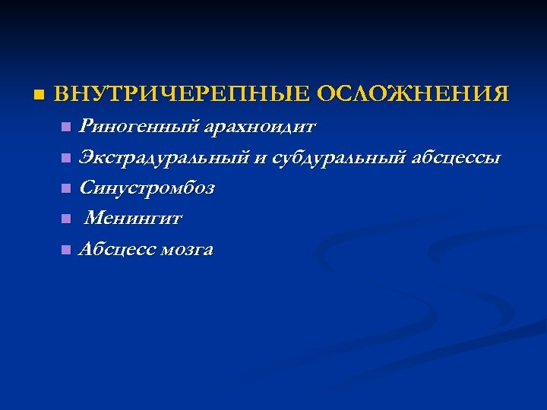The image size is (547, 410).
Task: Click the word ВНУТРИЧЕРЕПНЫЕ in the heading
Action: [182, 95]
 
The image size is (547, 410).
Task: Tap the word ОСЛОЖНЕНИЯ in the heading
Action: [413, 95]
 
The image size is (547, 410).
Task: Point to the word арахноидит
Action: [260, 125]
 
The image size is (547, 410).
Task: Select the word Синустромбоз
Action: [147, 188]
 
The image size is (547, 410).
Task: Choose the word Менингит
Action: [134, 219]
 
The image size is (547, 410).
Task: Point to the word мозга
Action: [188, 250]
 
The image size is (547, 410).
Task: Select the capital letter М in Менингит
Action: [94, 219]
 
